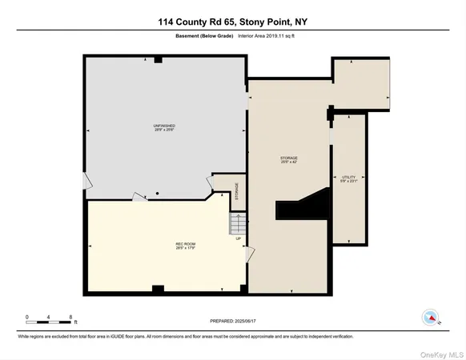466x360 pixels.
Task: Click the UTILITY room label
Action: pyautogui.click(x=348, y=178)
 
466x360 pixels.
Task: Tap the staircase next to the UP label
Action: pyautogui.click(x=237, y=222)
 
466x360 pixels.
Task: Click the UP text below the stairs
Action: pyautogui.click(x=238, y=238)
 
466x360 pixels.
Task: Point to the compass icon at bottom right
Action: pyautogui.click(x=430, y=318)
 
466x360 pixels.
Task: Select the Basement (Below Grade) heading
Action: pyautogui.click(x=200, y=36)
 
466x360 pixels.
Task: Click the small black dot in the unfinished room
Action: pyautogui.click(x=158, y=193)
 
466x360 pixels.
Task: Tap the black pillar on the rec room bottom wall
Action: pyautogui.click(x=158, y=289)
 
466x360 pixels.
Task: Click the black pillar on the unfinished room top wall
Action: pyautogui.click(x=159, y=59)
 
